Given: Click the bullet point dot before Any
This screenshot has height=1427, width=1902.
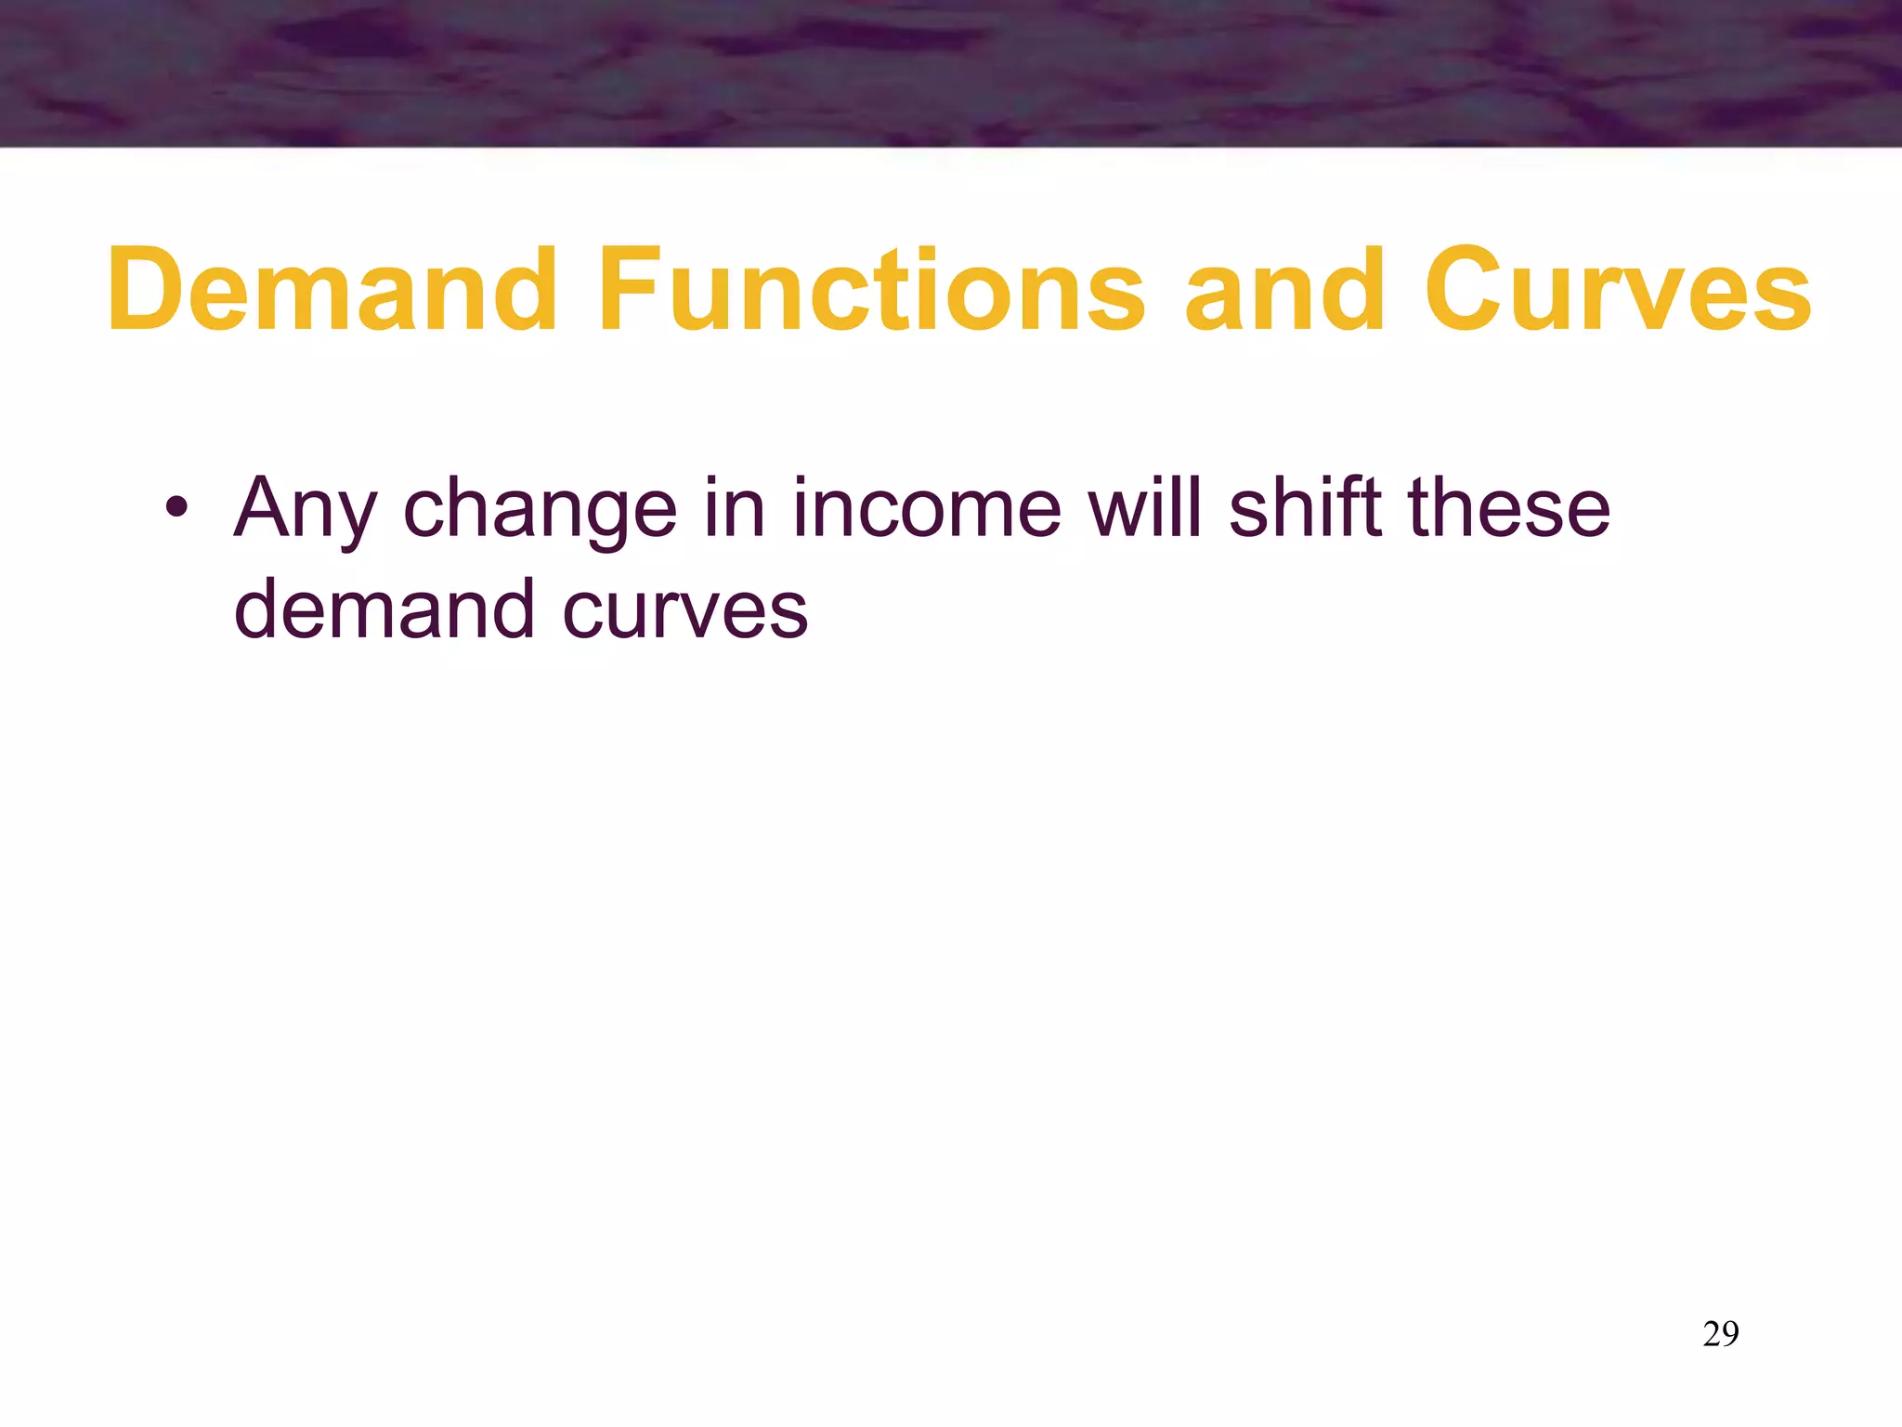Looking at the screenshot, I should [x=176, y=508].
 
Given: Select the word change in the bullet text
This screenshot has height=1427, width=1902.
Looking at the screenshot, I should [x=540, y=509].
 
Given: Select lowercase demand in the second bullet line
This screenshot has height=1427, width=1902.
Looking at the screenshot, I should [x=384, y=609].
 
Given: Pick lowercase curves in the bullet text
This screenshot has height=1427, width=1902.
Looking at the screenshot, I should [x=685, y=611].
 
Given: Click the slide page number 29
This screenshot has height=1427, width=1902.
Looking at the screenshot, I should [x=1721, y=1334].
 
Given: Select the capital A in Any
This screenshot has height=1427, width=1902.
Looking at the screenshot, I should [x=263, y=507].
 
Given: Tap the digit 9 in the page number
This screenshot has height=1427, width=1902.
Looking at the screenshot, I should [x=1730, y=1334].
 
